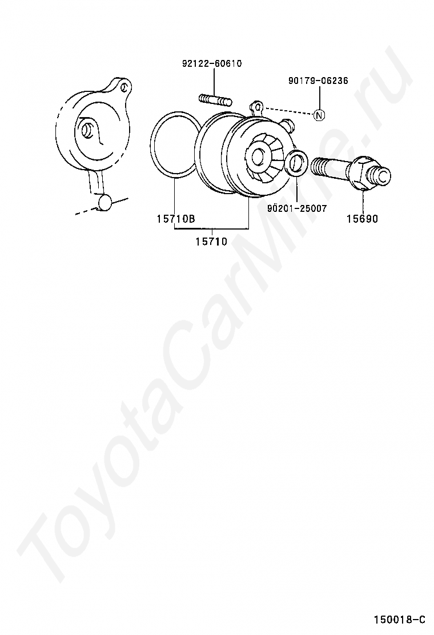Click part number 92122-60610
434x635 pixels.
tap(212, 63)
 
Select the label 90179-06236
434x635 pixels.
tap(318, 81)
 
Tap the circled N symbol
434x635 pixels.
tap(319, 115)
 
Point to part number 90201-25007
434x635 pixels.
tap(297, 208)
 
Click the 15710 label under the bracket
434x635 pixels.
tap(211, 242)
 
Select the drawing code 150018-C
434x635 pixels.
tap(400, 620)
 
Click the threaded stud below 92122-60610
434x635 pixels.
tap(215, 100)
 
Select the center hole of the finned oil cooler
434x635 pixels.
tap(258, 156)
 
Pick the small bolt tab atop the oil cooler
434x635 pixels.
tap(258, 106)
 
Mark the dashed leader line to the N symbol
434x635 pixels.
tap(288, 111)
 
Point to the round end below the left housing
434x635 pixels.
tap(105, 202)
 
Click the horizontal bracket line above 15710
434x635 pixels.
tap(211, 228)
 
